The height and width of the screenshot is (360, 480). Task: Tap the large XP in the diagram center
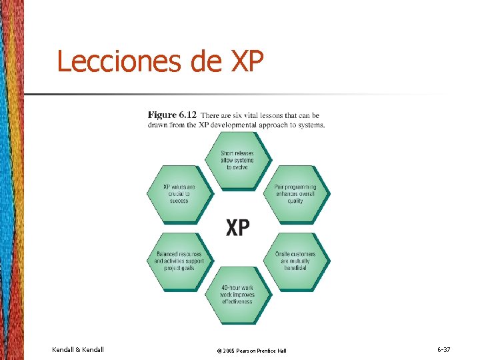(237, 228)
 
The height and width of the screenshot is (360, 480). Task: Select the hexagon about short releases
(237, 159)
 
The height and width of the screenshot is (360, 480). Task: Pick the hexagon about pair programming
(295, 193)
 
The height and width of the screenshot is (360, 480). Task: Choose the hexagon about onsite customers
(295, 261)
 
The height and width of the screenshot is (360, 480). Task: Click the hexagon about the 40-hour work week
(237, 295)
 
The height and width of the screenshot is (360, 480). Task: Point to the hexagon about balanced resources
(178, 261)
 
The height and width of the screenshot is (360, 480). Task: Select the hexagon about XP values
(179, 193)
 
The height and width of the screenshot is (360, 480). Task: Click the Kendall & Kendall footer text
(77, 349)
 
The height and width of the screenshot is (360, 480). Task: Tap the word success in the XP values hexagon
(179, 201)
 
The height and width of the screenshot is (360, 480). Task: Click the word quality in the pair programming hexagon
(295, 201)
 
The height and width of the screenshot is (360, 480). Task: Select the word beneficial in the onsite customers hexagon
(295, 268)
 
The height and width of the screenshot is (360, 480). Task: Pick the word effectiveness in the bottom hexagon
(237, 302)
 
